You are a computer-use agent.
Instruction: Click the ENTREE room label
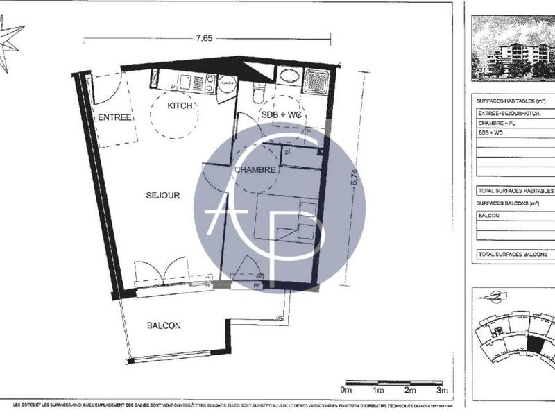click(x=114, y=117)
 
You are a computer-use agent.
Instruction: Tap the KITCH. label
click(x=182, y=106)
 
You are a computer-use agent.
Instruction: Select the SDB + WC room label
click(x=281, y=114)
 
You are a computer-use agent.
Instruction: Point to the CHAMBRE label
click(x=255, y=169)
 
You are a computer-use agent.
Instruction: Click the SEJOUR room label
click(x=162, y=195)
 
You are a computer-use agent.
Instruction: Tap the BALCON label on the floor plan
click(x=164, y=325)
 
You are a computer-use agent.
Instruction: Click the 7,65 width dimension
click(x=203, y=38)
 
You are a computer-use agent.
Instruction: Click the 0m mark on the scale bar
click(x=347, y=391)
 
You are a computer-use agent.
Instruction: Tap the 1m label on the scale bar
click(x=379, y=391)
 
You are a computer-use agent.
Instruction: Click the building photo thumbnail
click(x=513, y=48)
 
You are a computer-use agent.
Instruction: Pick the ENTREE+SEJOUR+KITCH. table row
click(x=514, y=112)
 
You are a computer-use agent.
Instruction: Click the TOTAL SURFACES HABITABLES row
click(x=514, y=190)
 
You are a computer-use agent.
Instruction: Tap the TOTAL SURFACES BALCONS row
click(x=514, y=255)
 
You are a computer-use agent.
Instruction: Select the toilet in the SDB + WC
click(x=259, y=93)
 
